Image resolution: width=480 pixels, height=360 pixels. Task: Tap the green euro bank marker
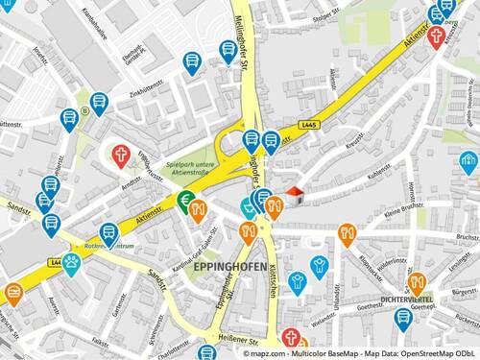[x=182, y=201]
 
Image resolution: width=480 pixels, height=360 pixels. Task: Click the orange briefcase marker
[x=13, y=292]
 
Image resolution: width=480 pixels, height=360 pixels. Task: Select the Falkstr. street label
[x=100, y=340]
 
